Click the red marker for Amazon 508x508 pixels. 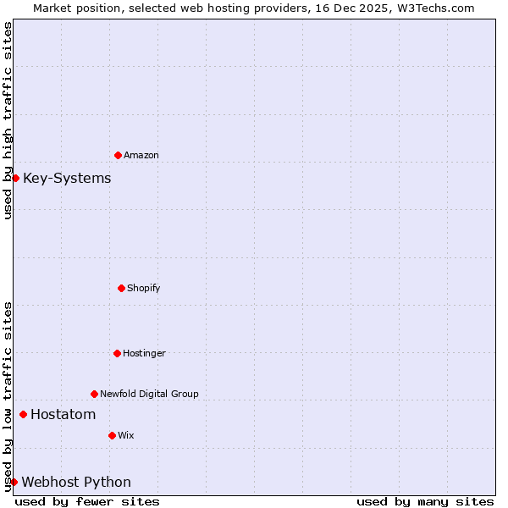118,155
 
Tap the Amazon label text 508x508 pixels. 141,155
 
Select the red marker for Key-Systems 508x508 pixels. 15,178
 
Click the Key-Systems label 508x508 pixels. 67,178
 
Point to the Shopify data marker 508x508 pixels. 121,288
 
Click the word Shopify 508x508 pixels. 144,288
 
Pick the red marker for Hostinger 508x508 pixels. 117,353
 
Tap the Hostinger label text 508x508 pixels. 145,353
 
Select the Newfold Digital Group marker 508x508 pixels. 94,394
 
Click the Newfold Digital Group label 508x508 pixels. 149,394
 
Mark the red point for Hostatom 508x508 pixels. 23,414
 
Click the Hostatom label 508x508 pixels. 63,414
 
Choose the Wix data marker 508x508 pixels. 112,435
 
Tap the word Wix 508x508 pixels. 126,435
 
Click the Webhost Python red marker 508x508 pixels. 14,482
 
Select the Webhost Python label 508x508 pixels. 76,482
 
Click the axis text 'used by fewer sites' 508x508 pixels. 87,501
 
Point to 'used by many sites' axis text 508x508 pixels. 425,501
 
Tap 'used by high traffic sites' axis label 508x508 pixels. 8,120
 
